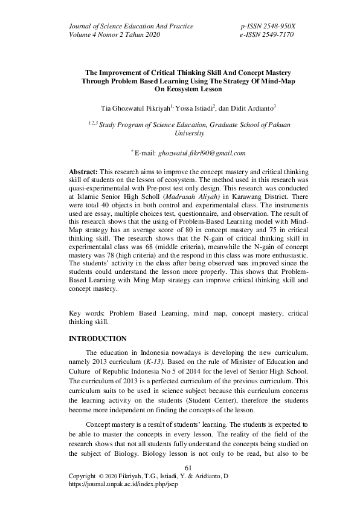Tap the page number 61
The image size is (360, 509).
click(187, 468)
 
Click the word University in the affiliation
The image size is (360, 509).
click(189, 134)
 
